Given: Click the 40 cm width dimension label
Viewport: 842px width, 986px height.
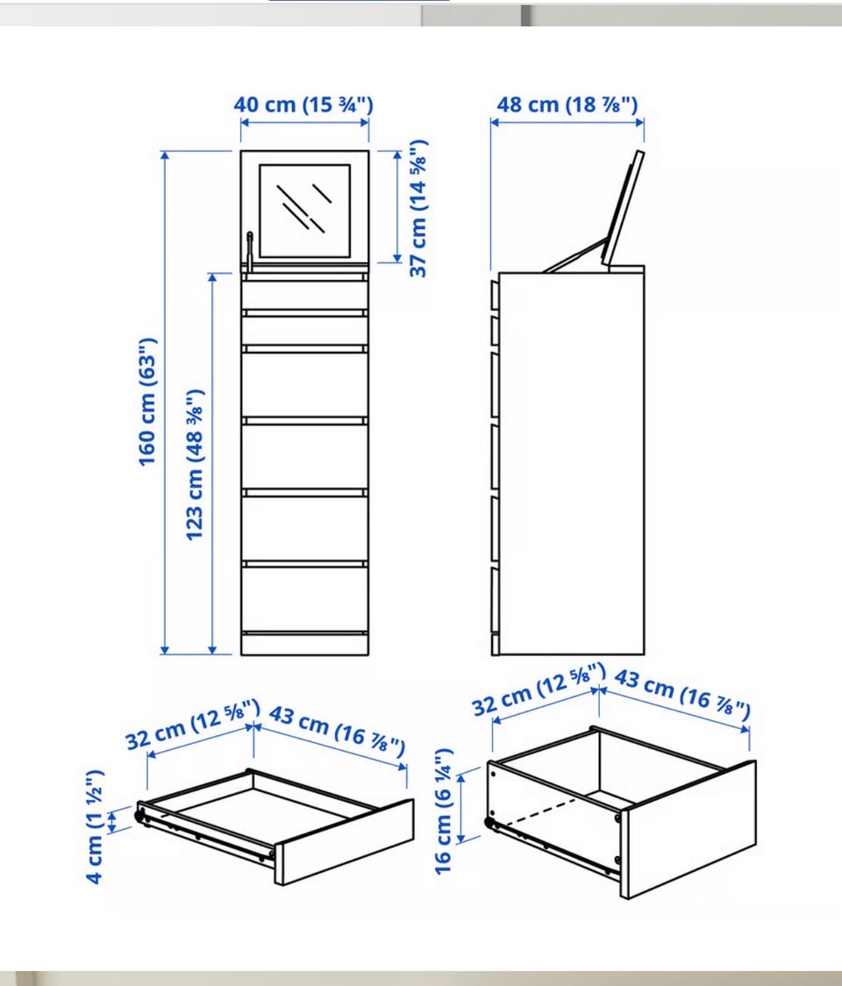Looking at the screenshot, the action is click(303, 104).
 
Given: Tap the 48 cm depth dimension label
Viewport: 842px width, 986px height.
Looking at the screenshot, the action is click(567, 104).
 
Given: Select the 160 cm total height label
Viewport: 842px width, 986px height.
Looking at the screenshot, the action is click(147, 403).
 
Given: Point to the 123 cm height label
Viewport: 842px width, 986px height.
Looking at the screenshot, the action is click(195, 465).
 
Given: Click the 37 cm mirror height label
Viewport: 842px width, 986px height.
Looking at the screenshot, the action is click(418, 208).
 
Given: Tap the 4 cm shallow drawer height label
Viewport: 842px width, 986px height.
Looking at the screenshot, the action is click(95, 826).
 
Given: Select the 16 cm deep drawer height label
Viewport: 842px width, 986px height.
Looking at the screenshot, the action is click(443, 811).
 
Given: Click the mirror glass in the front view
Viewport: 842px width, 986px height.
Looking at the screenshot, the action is click(305, 211).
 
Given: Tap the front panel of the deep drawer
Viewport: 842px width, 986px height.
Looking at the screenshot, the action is click(689, 829).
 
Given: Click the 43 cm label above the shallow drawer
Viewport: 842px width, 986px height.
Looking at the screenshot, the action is click(337, 731).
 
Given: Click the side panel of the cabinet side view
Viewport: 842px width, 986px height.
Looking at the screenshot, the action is click(571, 463).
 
